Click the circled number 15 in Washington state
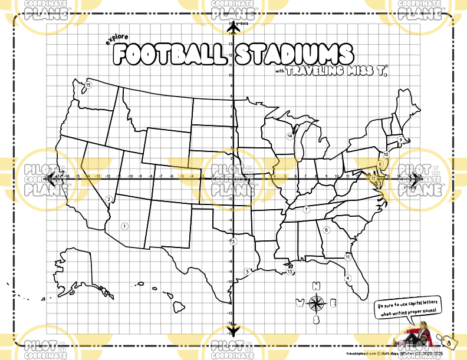tap(88, 85)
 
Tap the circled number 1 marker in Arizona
tap(124, 225)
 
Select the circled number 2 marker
tap(108, 199)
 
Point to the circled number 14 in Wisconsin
tap(290, 136)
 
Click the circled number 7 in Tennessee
tap(307, 209)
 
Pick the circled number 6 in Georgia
tap(326, 230)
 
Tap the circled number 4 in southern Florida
tap(348, 278)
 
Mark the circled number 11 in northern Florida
tap(348, 257)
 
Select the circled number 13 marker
tap(290, 272)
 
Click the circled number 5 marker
tap(248, 271)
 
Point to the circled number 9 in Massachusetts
tap(400, 140)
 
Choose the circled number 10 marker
tap(386, 154)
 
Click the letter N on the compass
tap(317, 287)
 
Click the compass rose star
tap(317, 303)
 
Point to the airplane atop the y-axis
tap(234, 27)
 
